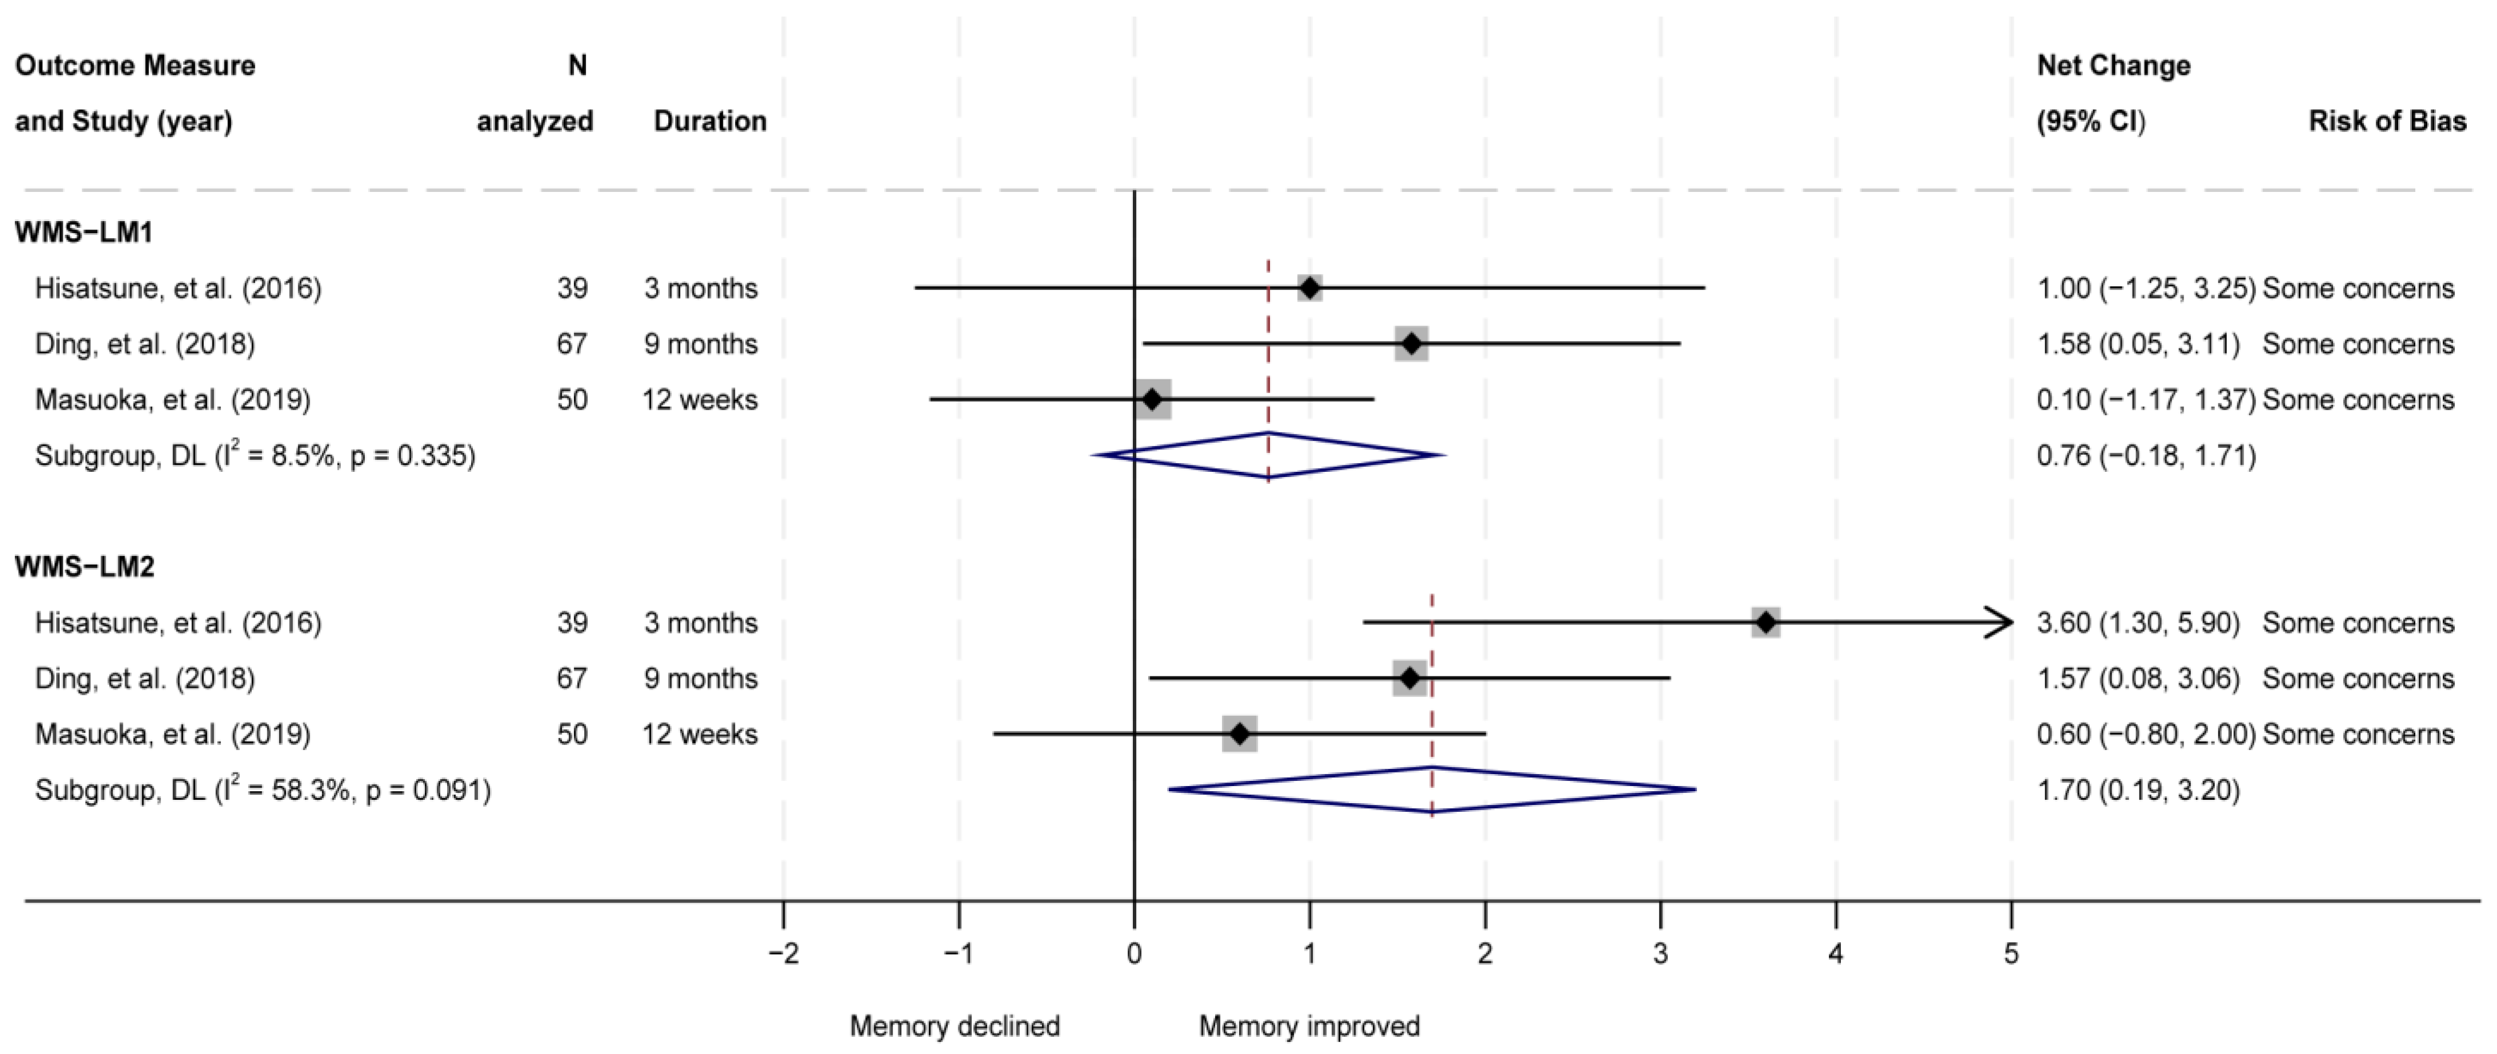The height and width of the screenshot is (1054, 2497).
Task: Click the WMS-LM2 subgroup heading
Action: (x=85, y=567)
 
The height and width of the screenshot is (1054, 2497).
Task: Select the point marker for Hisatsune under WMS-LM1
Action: (x=1309, y=288)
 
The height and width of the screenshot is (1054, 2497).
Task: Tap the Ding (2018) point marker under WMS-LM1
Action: (x=1412, y=343)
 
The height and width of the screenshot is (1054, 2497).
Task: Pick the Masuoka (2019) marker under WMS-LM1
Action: (x=1152, y=399)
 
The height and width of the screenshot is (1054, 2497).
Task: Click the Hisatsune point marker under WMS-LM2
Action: (x=1766, y=623)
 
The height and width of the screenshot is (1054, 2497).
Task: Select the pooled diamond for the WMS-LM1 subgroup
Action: (x=1268, y=455)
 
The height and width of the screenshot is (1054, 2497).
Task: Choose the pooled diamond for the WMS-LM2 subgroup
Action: (x=1432, y=790)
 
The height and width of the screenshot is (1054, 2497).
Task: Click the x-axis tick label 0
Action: (x=1134, y=954)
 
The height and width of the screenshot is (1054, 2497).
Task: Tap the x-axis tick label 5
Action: (x=2012, y=954)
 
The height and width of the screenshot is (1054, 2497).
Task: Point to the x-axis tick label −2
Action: (x=783, y=954)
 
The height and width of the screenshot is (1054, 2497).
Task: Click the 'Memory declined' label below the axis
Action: (x=955, y=1026)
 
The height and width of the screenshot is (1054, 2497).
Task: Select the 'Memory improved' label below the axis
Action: (x=1309, y=1026)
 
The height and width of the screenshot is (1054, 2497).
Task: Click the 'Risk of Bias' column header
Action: (x=2387, y=121)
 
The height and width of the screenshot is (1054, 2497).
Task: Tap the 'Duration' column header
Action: (x=710, y=121)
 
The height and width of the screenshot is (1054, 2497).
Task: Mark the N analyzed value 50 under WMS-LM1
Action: (x=572, y=399)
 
